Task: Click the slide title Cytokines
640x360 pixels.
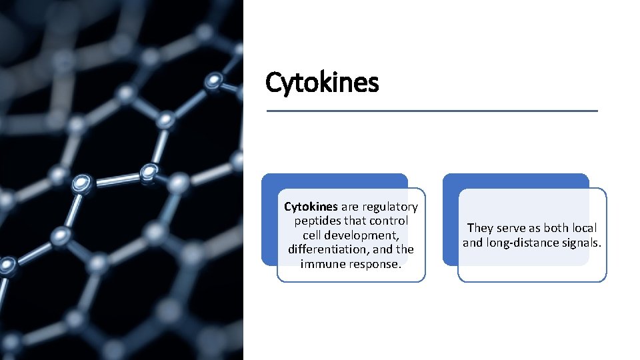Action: (x=322, y=83)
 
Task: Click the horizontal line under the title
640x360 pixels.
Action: (x=432, y=111)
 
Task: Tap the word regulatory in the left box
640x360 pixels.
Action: (x=390, y=207)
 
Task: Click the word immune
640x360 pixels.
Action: (x=319, y=263)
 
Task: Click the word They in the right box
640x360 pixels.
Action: (x=480, y=228)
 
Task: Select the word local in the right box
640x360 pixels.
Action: (x=583, y=228)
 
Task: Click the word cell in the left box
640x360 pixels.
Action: (x=313, y=235)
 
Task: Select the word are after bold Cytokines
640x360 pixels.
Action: (x=349, y=207)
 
